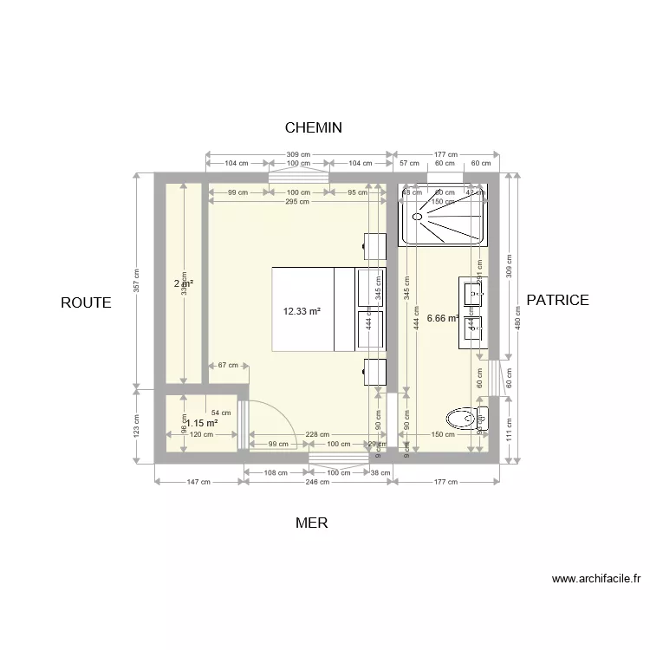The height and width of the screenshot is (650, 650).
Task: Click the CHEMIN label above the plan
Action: pyautogui.click(x=314, y=127)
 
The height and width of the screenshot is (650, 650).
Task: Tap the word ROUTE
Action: pyautogui.click(x=86, y=302)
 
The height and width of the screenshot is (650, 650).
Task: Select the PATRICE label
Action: pyautogui.click(x=557, y=300)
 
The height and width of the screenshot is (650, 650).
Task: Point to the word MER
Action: pyautogui.click(x=311, y=523)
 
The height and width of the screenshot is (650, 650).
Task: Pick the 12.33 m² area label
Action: pyautogui.click(x=302, y=311)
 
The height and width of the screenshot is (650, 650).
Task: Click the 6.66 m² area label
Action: pyautogui.click(x=443, y=318)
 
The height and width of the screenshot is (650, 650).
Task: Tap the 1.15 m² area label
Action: pyautogui.click(x=201, y=423)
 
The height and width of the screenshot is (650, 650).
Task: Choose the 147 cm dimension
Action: pyautogui.click(x=198, y=483)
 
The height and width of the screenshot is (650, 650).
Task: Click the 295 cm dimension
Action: pyautogui.click(x=296, y=202)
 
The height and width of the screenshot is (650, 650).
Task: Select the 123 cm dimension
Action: pyautogui.click(x=136, y=425)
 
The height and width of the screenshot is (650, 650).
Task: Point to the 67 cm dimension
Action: pyautogui.click(x=228, y=366)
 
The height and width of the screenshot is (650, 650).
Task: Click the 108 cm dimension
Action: pyautogui.click(x=276, y=473)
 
